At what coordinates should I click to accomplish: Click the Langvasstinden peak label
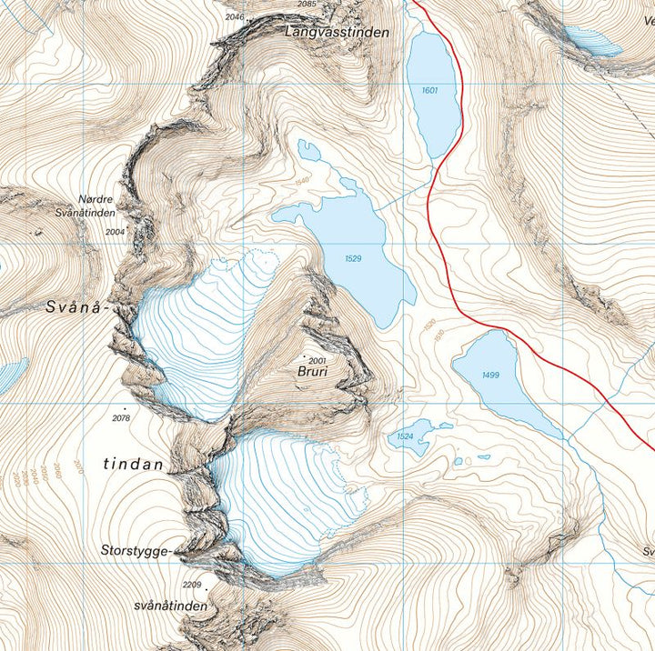[x=337, y=32]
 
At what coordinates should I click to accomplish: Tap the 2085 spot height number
[x=307, y=5]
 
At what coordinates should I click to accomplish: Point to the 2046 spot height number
[x=235, y=16]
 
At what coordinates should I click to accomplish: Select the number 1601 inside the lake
[x=430, y=91]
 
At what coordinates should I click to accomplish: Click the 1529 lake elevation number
[x=355, y=259]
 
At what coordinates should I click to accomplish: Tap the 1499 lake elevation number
[x=491, y=376]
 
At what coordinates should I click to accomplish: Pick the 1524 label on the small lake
[x=406, y=438]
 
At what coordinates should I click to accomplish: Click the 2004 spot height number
[x=115, y=232]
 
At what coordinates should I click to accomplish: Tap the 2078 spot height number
[x=121, y=418]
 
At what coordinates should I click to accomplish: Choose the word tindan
[x=133, y=465]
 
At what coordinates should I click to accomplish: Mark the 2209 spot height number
[x=191, y=585]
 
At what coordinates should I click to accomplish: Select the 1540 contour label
[x=303, y=182]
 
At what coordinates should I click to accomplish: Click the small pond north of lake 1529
[x=310, y=151]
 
